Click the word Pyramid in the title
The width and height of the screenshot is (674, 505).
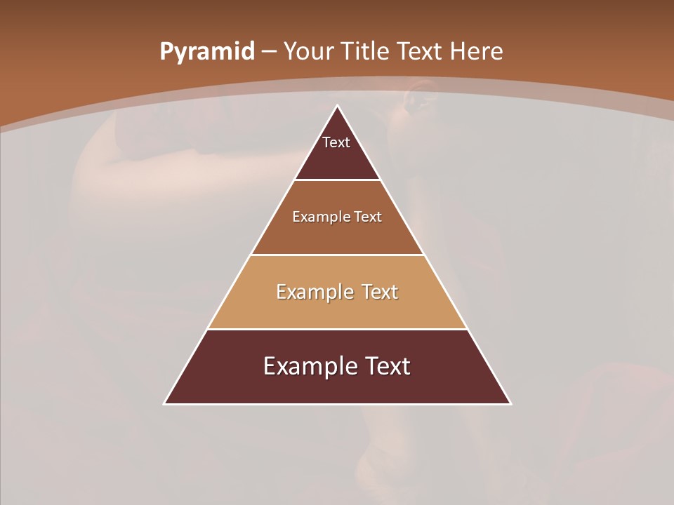point(206,52)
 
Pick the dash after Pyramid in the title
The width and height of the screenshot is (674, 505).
point(268,53)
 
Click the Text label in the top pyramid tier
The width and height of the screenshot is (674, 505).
point(336,143)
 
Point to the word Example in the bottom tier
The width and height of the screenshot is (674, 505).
point(303,366)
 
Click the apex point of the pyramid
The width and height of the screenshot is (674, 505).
point(337,106)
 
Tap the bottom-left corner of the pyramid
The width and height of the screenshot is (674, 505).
point(164,404)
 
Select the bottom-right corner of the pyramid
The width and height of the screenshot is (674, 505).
point(510,404)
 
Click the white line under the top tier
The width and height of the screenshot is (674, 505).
point(337,180)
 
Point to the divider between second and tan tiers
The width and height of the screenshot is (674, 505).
point(337,255)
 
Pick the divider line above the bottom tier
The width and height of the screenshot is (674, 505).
point(337,329)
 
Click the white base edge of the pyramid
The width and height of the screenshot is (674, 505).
point(337,404)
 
